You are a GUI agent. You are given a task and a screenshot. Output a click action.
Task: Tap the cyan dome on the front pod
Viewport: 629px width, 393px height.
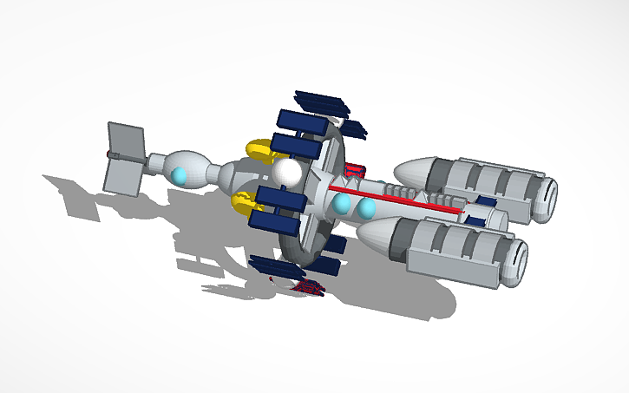[179, 176]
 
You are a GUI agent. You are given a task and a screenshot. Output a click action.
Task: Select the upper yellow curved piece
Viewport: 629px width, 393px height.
[259, 150]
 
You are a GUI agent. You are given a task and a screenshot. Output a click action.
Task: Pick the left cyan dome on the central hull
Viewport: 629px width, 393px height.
[341, 205]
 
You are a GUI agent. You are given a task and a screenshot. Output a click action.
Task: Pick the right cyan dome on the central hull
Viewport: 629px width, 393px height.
[366, 208]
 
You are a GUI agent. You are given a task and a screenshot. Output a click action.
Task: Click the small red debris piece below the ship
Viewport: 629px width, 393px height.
[308, 286]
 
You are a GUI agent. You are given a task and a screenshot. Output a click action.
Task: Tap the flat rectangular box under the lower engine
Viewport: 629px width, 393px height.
[451, 264]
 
